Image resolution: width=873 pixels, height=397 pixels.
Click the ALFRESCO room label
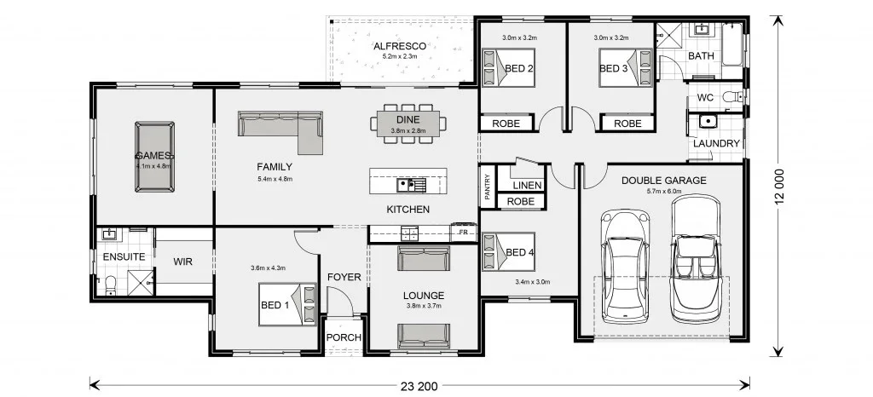[x=400, y=46]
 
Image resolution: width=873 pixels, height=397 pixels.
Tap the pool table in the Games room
[x=154, y=157]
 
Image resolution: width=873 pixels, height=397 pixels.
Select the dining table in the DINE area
[x=408, y=124]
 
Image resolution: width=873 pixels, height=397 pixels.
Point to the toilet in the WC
[x=732, y=97]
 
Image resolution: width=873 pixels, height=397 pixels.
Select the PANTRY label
[x=487, y=187]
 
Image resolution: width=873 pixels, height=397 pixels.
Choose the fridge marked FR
[x=463, y=232]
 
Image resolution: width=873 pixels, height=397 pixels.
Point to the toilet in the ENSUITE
[x=110, y=285]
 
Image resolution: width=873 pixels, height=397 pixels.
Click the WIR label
[x=182, y=262]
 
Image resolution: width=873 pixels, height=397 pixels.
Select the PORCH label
[x=344, y=337]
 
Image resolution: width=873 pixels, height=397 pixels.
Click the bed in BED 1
[x=287, y=304]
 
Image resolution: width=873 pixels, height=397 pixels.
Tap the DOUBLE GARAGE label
[x=663, y=180]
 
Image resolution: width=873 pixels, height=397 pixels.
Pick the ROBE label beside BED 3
[x=627, y=124]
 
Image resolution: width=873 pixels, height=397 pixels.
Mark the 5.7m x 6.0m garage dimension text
[x=663, y=192]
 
